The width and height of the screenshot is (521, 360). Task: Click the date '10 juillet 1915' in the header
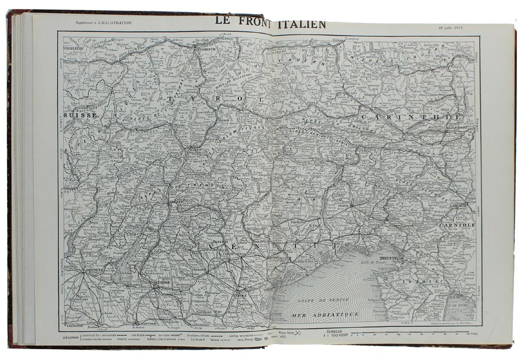click(x=451, y=27)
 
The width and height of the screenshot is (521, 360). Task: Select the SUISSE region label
click(x=80, y=115)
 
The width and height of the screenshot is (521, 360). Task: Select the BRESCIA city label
click(x=93, y=270)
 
